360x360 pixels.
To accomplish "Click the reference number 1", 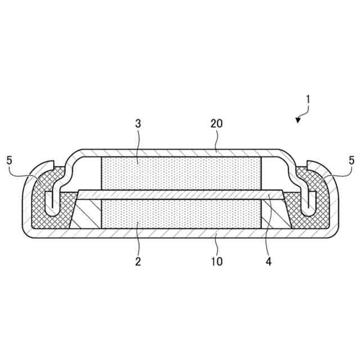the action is click(308, 100).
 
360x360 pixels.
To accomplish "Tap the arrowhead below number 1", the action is click(298, 120).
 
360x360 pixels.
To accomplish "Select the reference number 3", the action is click(138, 124).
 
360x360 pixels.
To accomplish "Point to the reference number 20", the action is click(217, 124).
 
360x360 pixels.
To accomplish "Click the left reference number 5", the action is click(9, 160).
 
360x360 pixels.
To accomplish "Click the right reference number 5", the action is click(352, 160).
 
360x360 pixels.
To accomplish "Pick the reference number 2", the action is click(138, 261).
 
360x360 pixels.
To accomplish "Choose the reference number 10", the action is click(217, 261).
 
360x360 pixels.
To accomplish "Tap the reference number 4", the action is click(269, 261).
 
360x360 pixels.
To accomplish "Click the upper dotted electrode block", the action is click(181, 174).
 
